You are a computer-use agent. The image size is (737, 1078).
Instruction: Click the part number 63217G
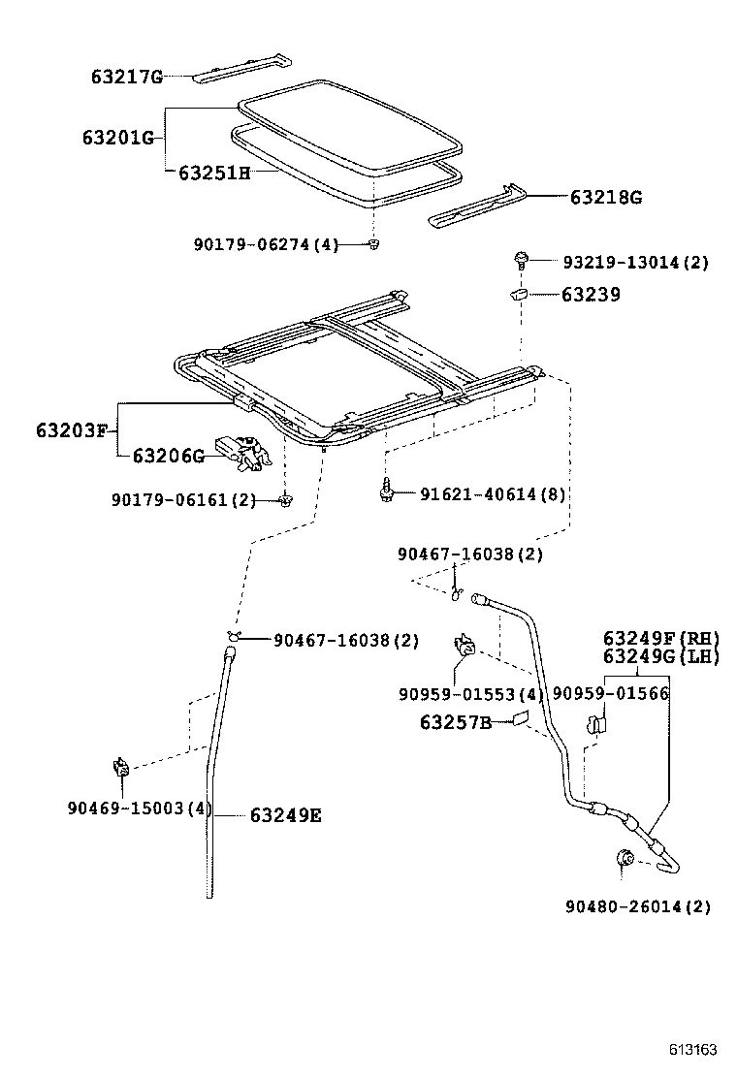pos(127,77)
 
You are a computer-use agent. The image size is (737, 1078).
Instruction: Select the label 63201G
pos(118,138)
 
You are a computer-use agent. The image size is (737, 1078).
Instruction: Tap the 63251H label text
pos(214,173)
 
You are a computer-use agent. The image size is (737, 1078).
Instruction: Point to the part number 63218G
pos(605,198)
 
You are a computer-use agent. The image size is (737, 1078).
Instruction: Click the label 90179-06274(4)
pos(266,245)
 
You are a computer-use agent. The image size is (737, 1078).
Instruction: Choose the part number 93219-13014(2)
pos(635,263)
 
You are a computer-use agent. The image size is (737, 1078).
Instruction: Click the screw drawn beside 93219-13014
pos(522,260)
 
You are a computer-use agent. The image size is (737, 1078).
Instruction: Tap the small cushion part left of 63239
pos(519,294)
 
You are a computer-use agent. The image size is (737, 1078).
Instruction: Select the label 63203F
pos(73,428)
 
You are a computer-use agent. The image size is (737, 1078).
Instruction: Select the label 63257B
pos(455,721)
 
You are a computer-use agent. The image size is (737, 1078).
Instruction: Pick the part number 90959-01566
pos(611,694)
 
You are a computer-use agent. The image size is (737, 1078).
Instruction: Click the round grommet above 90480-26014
pos(625,858)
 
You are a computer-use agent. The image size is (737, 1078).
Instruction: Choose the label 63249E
pos(285,815)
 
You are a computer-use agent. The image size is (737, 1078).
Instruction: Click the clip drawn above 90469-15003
pos(121,769)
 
